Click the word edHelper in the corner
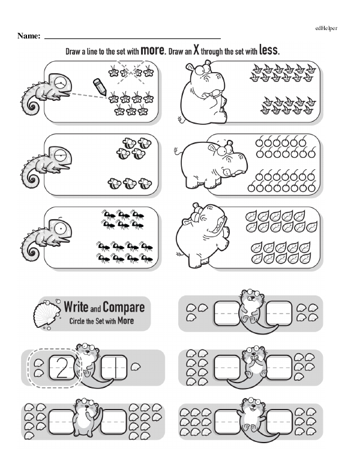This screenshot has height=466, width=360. coord(326,29)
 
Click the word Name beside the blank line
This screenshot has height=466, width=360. coord(29,36)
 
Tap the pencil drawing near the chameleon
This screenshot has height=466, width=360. coord(100,86)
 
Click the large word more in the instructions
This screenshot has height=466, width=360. coord(152,50)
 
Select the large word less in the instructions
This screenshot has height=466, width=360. coord(269,50)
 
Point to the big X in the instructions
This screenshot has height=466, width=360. coord(196,50)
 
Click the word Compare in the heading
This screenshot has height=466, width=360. coord(124,307)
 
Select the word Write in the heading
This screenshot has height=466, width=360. coord(76,306)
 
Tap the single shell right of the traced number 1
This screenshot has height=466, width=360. coord(136,367)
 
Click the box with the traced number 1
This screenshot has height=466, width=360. coord(115,368)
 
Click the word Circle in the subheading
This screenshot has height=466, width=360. coord(77,321)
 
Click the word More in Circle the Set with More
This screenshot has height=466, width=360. coord(125,321)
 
